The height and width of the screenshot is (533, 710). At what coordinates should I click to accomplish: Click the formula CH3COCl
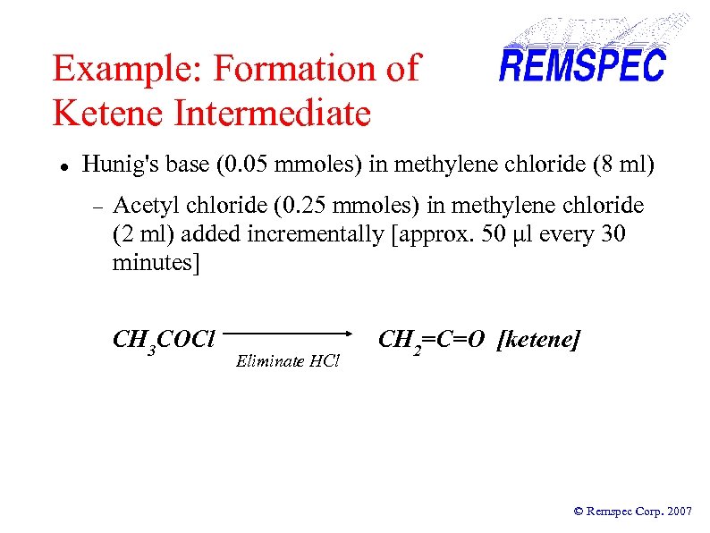point(164,341)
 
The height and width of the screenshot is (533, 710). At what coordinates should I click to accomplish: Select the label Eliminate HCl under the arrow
point(288,361)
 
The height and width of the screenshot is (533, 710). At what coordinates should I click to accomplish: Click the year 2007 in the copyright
point(678,512)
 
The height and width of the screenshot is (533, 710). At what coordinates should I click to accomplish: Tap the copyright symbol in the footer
point(578,512)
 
